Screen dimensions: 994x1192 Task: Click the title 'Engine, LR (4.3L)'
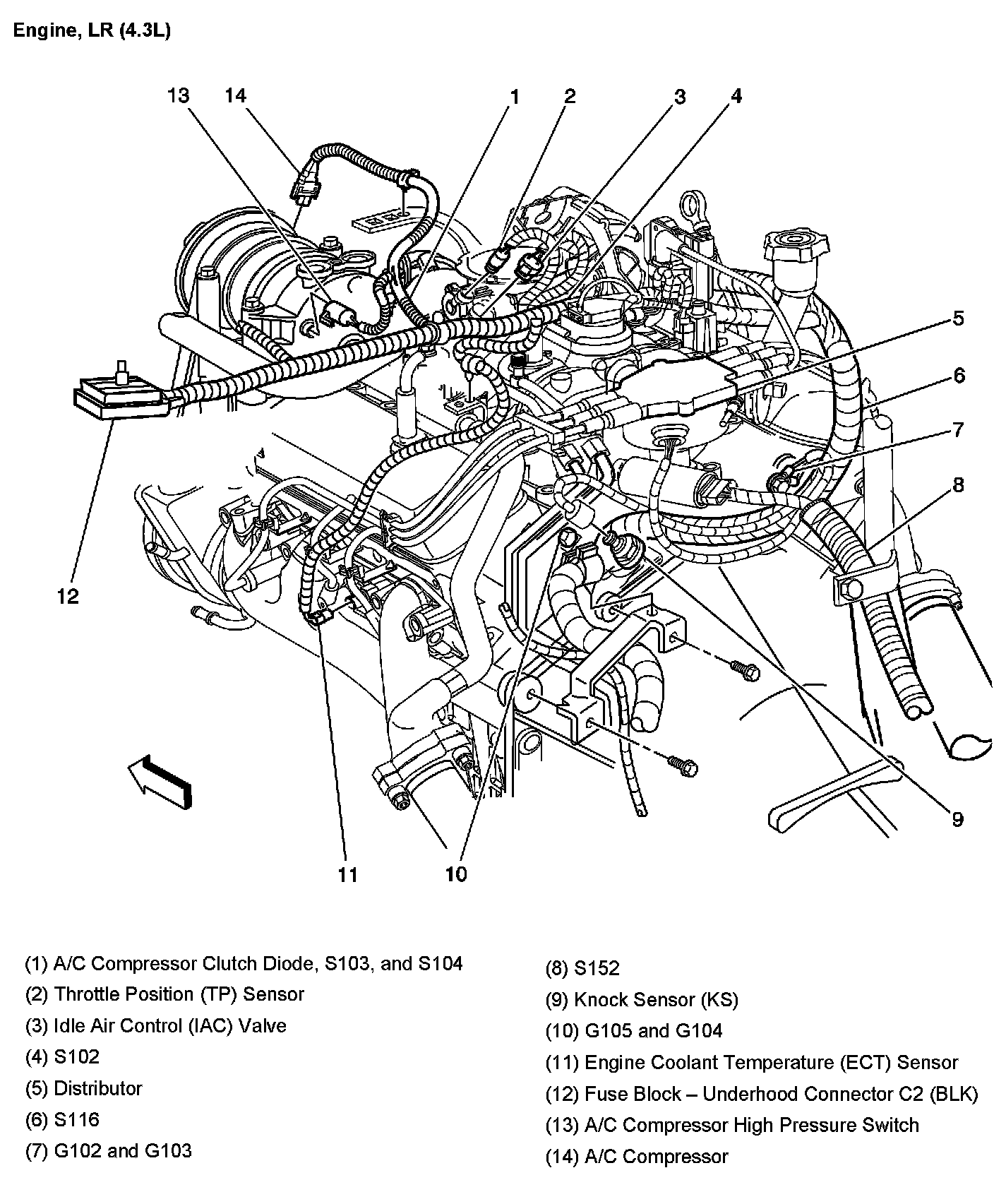point(92,31)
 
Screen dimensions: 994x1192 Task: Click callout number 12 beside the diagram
point(68,597)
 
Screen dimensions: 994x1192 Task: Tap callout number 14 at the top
point(236,95)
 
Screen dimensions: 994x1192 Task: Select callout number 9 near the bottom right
point(957,819)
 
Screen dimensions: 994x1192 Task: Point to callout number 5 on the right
point(958,318)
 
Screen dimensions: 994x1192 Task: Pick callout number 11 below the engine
point(347,875)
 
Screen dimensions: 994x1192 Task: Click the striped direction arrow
point(160,781)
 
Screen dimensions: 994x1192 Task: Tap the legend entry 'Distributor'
point(83,1088)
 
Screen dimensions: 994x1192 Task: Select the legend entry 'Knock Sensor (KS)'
point(642,1000)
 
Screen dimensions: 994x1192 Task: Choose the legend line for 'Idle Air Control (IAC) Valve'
point(155,1025)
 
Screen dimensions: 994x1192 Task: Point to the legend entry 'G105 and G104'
point(634,1031)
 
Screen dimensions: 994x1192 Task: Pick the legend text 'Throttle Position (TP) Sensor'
point(164,994)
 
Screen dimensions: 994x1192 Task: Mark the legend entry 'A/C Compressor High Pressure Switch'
point(732,1125)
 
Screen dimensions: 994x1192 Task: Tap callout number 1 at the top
point(515,97)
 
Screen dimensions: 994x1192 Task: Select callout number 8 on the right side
point(958,484)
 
